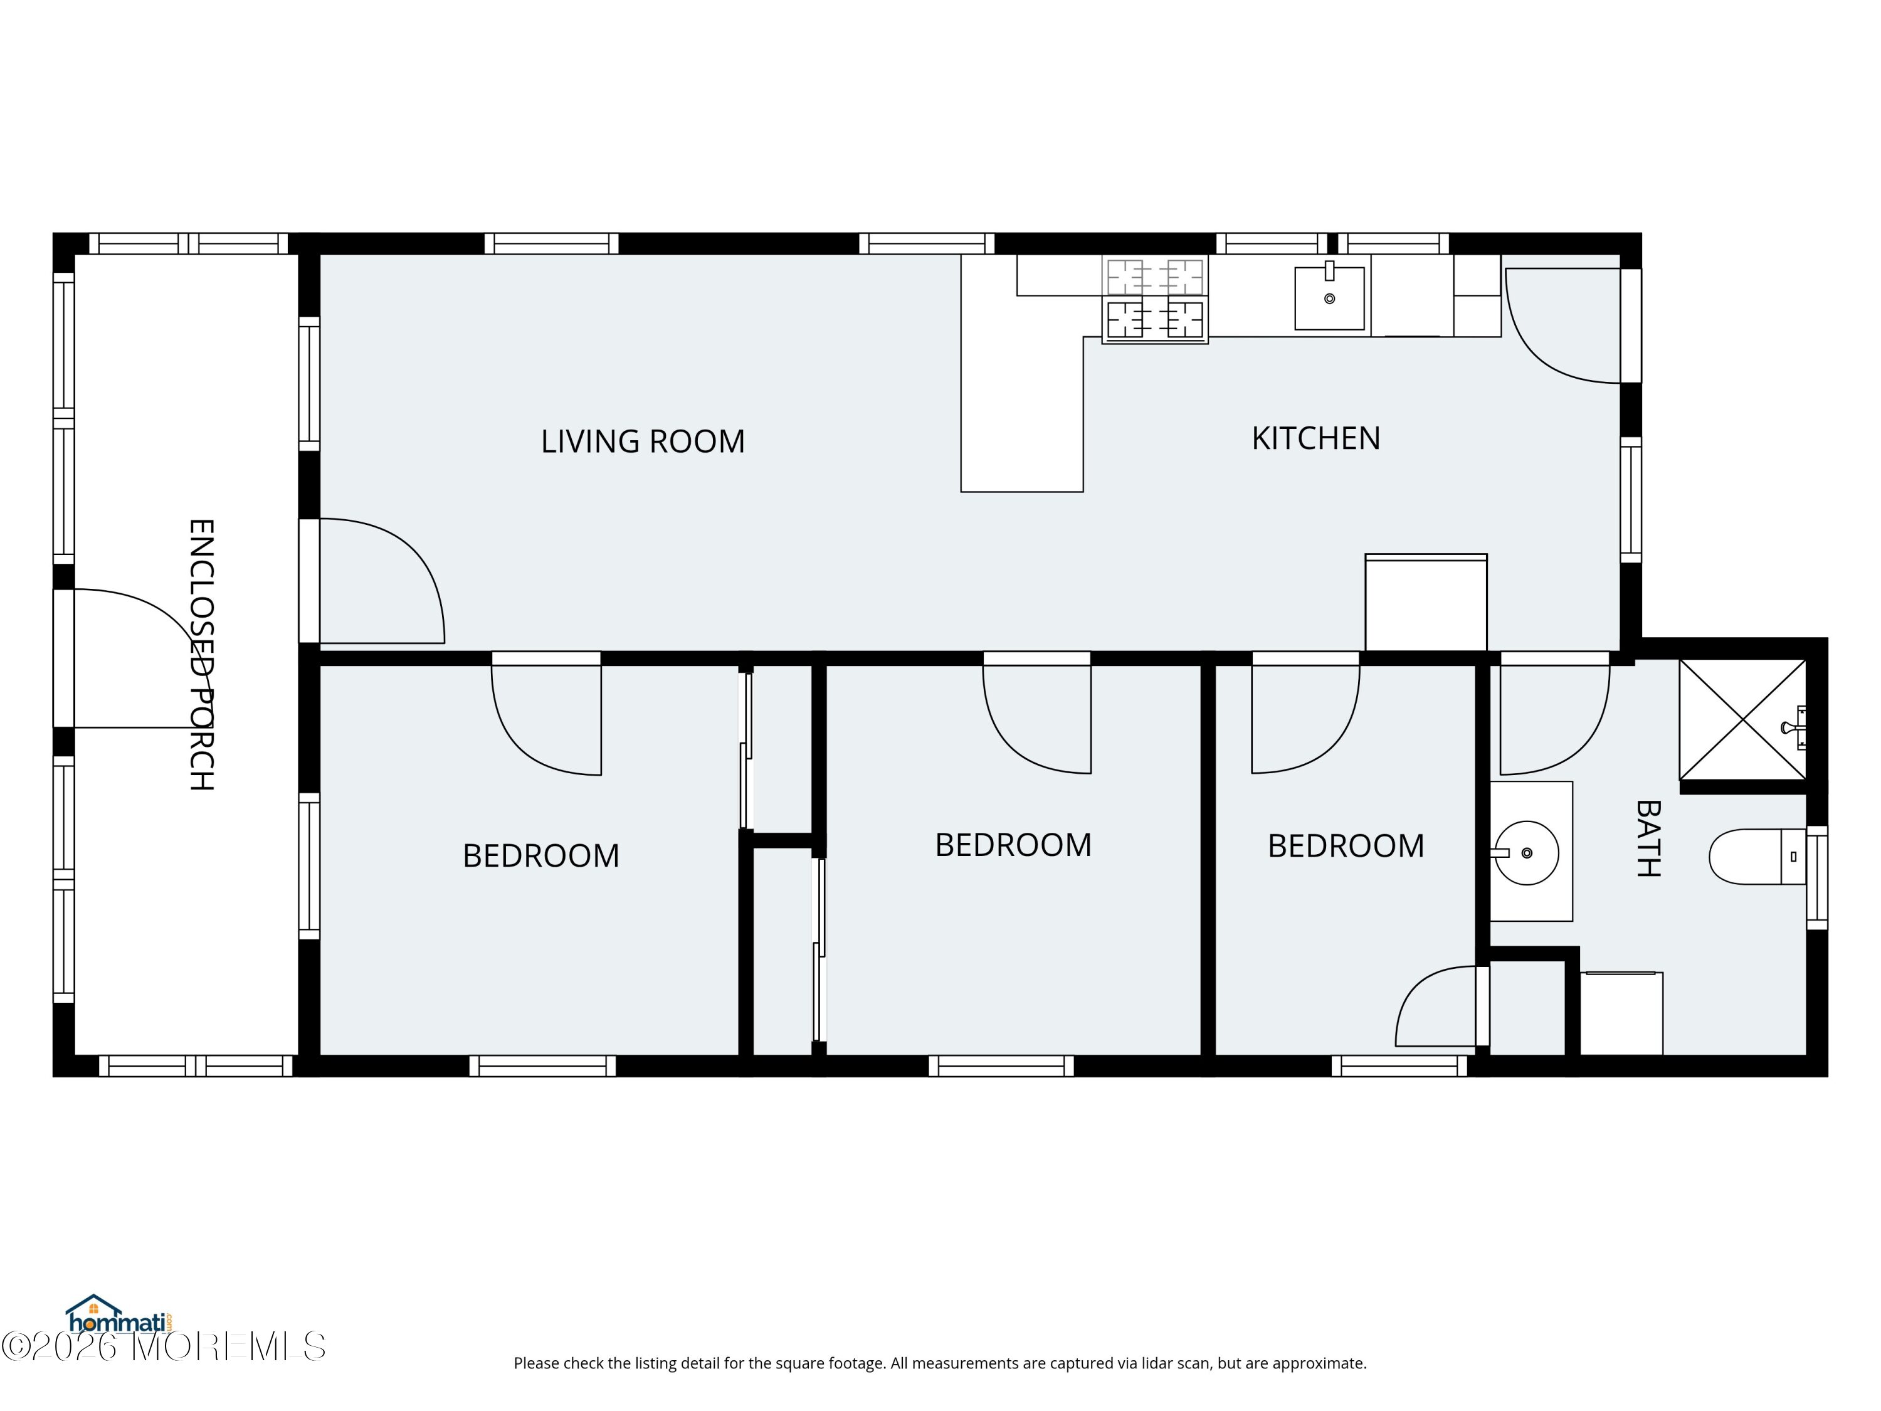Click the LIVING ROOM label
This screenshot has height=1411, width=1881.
[643, 441]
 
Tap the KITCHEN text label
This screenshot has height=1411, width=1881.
[1315, 438]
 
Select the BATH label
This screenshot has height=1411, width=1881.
[1648, 838]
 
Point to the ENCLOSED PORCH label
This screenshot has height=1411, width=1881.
[201, 655]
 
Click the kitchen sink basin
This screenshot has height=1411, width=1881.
[1329, 298]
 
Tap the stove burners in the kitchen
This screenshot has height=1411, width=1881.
[1155, 299]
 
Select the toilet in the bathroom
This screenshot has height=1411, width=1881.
[1757, 857]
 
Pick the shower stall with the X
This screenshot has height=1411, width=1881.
[1742, 719]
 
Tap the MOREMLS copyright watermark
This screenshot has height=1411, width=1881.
[163, 1346]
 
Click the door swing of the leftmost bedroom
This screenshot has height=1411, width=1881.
[547, 719]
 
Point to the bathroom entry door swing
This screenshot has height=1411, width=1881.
[1554, 719]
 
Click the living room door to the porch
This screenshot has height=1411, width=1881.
[382, 581]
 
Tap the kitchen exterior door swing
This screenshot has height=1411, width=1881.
[1563, 325]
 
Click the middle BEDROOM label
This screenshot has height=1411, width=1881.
[1013, 845]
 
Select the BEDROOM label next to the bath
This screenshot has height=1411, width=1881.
[1346, 845]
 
